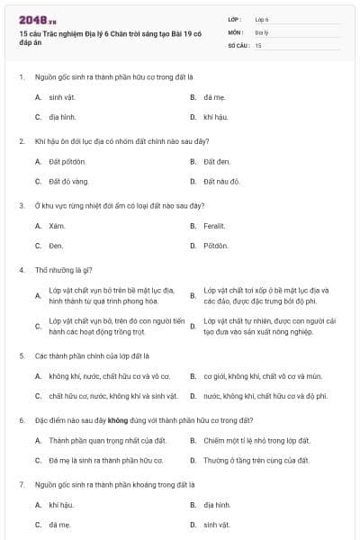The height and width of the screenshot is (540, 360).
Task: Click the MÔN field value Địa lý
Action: click(x=262, y=31)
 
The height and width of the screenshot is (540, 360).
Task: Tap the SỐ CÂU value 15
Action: click(x=258, y=44)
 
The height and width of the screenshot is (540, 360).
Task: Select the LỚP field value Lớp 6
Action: click(x=262, y=18)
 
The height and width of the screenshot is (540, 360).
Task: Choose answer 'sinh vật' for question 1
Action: click(x=61, y=95)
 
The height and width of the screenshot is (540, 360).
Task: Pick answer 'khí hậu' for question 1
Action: click(x=213, y=117)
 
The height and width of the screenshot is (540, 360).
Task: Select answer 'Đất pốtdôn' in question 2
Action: click(x=67, y=161)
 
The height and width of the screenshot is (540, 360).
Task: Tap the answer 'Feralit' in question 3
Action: click(x=214, y=225)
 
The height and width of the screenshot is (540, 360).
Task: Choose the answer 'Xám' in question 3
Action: click(x=58, y=225)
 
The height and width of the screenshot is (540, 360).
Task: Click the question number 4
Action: click(x=21, y=269)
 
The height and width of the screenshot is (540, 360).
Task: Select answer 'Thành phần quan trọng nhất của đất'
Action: click(x=94, y=440)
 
